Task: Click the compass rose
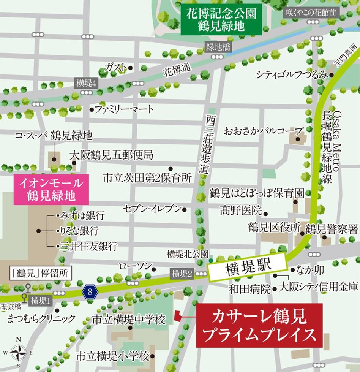click(18, 351)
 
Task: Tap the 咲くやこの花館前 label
click(311, 13)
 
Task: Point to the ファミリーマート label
click(124, 110)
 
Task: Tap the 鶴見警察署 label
click(332, 229)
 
